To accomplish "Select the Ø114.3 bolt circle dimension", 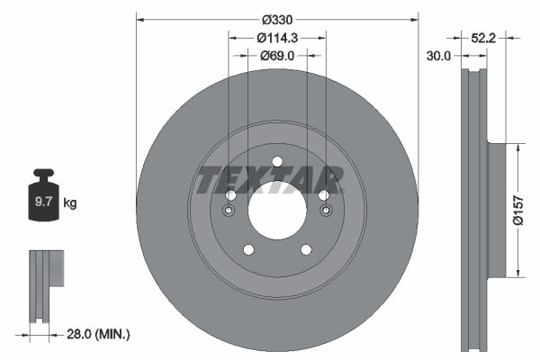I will [x=277, y=38].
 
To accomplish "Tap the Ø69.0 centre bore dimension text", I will [x=278, y=56].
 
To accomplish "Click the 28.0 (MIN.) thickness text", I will [x=100, y=334].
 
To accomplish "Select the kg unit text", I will [x=70, y=203].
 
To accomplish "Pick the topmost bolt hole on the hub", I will [x=277, y=162].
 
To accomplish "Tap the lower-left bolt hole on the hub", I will [x=248, y=250].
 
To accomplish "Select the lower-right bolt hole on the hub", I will [x=306, y=250].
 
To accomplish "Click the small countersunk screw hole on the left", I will [x=229, y=211].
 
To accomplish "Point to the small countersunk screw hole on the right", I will [x=325, y=211].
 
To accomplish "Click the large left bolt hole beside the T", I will [x=230, y=195].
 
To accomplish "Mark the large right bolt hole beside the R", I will [x=324, y=195].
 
